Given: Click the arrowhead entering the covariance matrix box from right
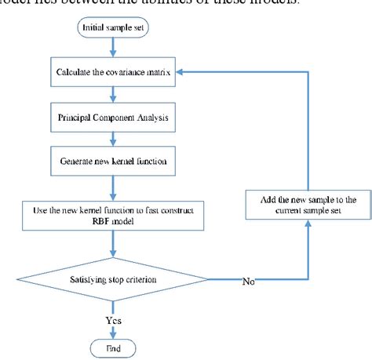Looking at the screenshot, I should [181, 72].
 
